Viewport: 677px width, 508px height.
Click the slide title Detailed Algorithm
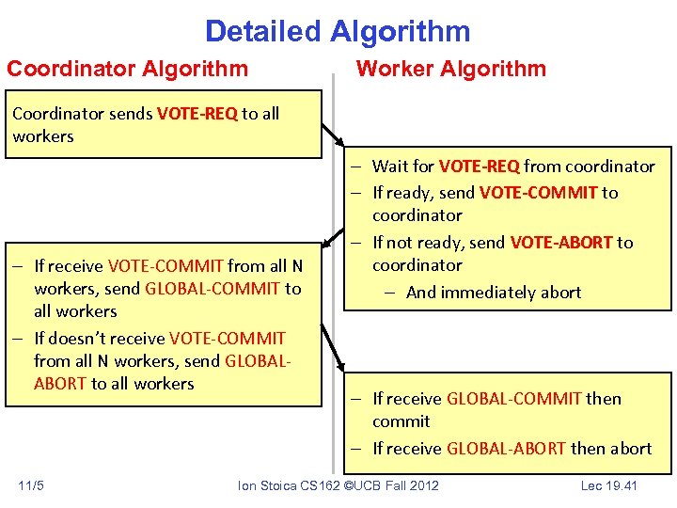(338, 31)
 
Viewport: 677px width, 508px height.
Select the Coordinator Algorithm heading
(128, 69)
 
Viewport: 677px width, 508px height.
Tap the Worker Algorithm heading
(449, 69)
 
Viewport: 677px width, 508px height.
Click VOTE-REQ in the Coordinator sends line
(197, 114)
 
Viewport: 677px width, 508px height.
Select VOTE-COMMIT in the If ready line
(538, 193)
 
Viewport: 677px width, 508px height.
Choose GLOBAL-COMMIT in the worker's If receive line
(513, 399)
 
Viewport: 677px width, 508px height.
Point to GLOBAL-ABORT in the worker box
(508, 449)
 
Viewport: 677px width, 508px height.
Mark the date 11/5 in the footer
(31, 485)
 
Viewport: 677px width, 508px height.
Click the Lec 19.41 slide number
(609, 485)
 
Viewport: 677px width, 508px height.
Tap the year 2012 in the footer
(423, 485)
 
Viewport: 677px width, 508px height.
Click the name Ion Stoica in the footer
(267, 485)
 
